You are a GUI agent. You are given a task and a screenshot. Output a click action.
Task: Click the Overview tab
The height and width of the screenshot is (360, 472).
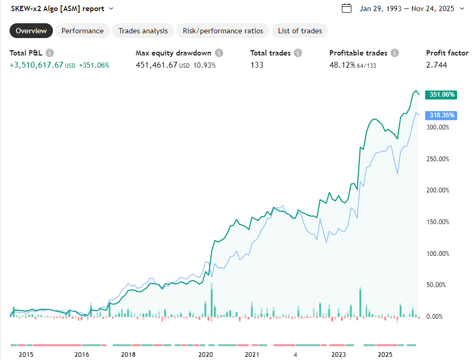coord(31,31)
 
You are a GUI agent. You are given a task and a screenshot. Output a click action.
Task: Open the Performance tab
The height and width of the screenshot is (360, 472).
coord(83,31)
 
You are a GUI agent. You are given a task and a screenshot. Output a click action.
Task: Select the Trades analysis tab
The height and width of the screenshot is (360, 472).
coord(143,31)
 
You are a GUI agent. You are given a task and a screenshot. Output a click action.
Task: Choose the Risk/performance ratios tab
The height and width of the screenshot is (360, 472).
coord(223,31)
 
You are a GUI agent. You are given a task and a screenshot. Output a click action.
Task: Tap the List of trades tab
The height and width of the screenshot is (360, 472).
coord(300,31)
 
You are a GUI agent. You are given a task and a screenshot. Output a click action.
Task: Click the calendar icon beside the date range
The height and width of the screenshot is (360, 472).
coord(347,8)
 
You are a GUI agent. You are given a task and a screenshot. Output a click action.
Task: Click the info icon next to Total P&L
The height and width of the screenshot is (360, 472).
coord(50,53)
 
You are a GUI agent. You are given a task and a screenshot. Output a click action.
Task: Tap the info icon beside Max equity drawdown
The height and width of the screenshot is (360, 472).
coord(219,53)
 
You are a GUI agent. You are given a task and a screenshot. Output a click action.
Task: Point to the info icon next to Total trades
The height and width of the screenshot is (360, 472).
coord(298,53)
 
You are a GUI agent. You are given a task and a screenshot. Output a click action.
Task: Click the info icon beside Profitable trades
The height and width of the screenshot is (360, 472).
coord(395,53)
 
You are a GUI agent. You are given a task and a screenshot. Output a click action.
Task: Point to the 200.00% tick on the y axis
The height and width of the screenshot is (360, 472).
coord(438,190)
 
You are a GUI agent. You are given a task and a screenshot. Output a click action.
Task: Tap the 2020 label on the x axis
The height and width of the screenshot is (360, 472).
coord(206,354)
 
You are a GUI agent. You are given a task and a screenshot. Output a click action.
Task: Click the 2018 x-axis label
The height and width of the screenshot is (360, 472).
coord(129,354)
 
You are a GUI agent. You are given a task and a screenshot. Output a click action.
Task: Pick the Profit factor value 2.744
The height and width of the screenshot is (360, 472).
coord(437,65)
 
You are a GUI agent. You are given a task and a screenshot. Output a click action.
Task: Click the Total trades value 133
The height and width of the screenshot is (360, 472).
coord(257,65)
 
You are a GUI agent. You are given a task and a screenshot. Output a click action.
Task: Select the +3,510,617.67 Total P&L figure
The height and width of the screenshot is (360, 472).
coord(37,65)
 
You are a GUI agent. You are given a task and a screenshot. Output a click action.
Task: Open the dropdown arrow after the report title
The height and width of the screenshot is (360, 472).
coord(111,8)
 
